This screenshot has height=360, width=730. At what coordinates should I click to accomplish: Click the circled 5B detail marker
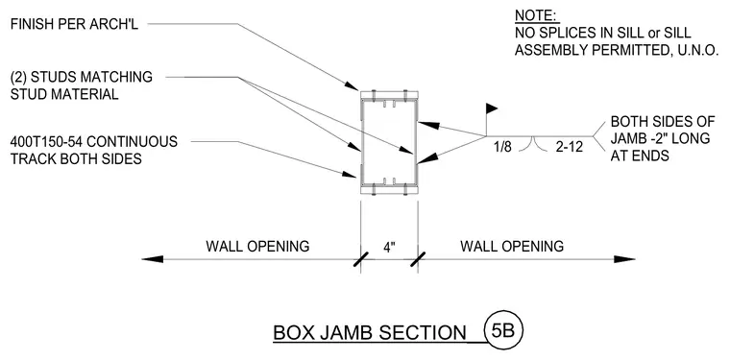pos(503,330)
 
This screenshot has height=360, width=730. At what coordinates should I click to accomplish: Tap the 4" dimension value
pos(389,248)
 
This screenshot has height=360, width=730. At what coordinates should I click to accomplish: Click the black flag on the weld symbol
pos(492,108)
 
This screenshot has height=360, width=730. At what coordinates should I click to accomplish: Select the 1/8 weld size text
pos(503,147)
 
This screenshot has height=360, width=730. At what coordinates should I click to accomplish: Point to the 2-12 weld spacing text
pos(569,147)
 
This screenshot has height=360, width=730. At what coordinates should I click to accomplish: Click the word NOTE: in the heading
pos(535,15)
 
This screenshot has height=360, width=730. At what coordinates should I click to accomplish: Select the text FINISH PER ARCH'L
pos(75,24)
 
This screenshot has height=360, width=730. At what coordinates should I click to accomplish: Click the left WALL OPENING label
pos(257,246)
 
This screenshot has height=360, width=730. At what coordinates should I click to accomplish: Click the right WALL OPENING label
pos(512,246)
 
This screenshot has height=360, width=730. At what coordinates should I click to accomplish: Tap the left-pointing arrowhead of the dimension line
pos(152,259)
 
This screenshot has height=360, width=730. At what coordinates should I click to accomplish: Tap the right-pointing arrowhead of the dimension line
pos(624,259)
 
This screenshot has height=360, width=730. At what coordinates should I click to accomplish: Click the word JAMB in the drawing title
pos(342,333)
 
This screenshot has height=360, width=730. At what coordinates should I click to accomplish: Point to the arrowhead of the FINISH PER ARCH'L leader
pos(352,86)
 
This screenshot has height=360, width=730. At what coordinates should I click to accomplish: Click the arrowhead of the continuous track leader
pos(350,175)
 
